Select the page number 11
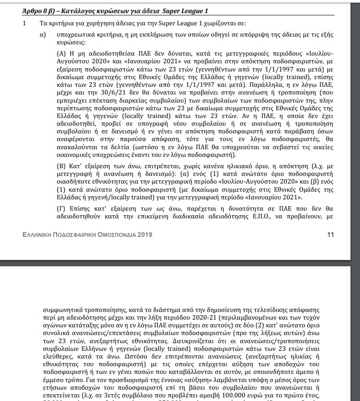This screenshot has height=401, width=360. [x=330, y=235]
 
